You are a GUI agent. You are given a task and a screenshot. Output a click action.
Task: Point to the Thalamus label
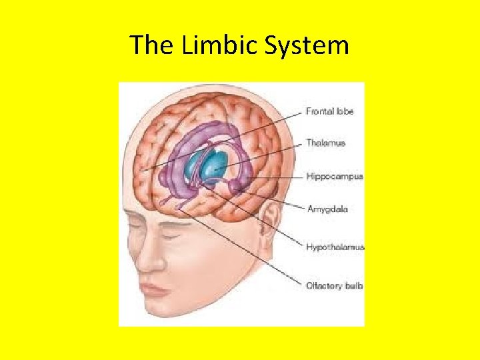tap(325, 143)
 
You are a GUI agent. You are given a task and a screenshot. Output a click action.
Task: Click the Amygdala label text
tap(327, 209)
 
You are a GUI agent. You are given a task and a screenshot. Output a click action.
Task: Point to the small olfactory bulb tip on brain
tap(179, 209)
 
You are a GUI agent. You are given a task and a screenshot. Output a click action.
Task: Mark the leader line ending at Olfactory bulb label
tap(253, 253)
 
